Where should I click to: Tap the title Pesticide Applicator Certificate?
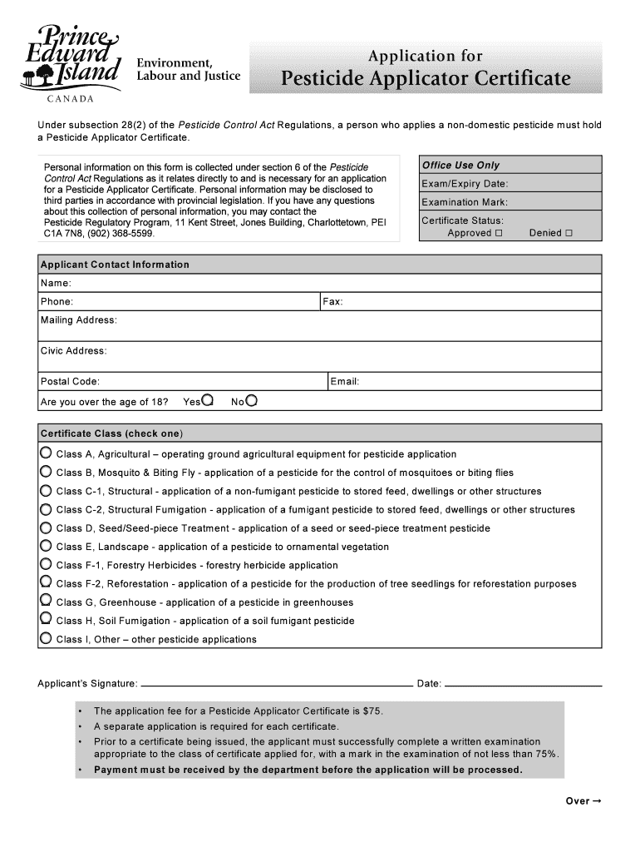[425, 79]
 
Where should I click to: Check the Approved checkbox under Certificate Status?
[499, 234]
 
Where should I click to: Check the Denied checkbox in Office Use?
[569, 234]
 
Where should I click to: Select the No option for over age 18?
[251, 401]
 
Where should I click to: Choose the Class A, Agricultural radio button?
[46, 453]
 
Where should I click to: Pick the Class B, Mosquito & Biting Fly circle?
[46, 472]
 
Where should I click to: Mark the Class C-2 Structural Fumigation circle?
[46, 509]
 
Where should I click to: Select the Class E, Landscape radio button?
[46, 546]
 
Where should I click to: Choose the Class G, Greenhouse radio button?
[46, 602]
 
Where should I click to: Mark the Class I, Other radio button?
[46, 639]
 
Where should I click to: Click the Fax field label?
[332, 302]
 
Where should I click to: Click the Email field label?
[344, 382]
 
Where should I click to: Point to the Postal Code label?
[70, 382]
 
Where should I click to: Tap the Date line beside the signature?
[524, 685]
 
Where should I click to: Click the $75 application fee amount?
[372, 711]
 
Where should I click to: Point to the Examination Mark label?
[464, 202]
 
